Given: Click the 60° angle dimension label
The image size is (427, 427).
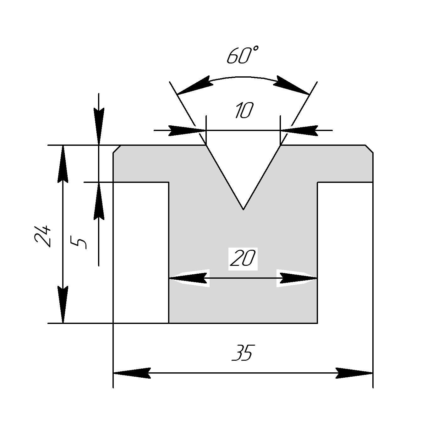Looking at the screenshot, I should coord(243,56).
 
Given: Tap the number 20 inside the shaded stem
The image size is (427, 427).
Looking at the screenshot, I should coord(243,259).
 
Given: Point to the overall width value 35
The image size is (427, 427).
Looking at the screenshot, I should coord(242,353).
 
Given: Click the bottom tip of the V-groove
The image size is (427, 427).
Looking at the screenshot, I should coord(243,209).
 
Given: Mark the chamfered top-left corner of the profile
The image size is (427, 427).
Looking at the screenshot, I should coord(117,149).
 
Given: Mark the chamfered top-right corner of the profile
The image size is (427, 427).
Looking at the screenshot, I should coord(369,149).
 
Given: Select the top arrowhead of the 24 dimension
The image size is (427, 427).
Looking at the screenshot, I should coord(63,163).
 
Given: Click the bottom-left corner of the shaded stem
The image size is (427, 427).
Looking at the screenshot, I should coord(169,323).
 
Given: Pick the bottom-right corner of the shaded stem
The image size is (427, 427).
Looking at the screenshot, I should coord(317,323).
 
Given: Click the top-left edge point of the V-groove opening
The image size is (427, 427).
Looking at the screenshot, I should coord(206,145).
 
